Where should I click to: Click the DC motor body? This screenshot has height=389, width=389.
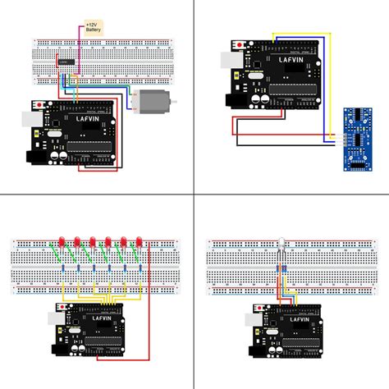(x=155, y=103)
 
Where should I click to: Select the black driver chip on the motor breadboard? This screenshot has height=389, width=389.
(x=66, y=62)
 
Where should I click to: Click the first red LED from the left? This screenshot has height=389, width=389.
(x=62, y=243)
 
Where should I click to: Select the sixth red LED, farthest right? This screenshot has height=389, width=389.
(x=140, y=242)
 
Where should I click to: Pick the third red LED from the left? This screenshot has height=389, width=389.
(x=93, y=243)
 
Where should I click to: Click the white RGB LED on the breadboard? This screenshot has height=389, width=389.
(x=280, y=244)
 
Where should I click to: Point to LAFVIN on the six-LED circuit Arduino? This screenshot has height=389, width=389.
(x=103, y=315)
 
